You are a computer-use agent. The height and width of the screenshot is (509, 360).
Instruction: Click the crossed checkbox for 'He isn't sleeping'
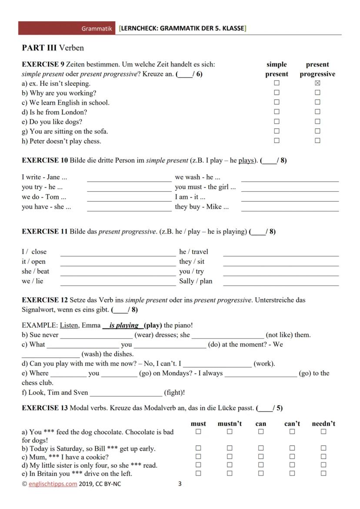pyautogui.click(x=317, y=83)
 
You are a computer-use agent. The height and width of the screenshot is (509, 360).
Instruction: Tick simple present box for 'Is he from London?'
pyautogui.click(x=277, y=112)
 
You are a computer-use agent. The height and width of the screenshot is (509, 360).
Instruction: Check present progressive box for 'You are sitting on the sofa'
pyautogui.click(x=317, y=131)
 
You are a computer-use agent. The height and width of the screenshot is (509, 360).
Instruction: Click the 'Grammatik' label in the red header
pyautogui.click(x=97, y=29)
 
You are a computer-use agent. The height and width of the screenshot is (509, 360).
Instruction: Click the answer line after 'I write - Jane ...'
pyautogui.click(x=129, y=178)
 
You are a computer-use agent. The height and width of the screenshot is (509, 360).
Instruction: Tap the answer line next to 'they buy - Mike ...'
pyautogui.click(x=290, y=208)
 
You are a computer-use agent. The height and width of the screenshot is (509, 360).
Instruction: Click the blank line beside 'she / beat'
pyautogui.click(x=118, y=272)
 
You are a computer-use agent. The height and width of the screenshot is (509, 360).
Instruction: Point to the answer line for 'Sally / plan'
pyautogui.click(x=280, y=282)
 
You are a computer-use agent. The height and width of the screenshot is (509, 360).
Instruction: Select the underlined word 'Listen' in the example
pyautogui.click(x=69, y=325)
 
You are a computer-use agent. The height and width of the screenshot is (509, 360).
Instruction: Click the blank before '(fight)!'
pyautogui.click(x=126, y=393)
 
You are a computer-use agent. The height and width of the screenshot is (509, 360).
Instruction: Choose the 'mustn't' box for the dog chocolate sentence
pyautogui.click(x=230, y=432)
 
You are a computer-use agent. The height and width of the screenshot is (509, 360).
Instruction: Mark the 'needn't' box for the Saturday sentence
pyautogui.click(x=323, y=448)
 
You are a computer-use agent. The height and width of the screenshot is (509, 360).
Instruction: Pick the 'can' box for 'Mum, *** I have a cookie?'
pyautogui.click(x=261, y=456)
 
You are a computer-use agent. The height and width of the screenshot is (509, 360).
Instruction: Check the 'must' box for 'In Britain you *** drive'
pyautogui.click(x=198, y=473)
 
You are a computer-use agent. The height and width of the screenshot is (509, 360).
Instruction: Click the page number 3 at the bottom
pyautogui.click(x=180, y=484)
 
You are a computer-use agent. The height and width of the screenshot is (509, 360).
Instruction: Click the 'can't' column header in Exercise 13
pyautogui.click(x=292, y=423)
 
